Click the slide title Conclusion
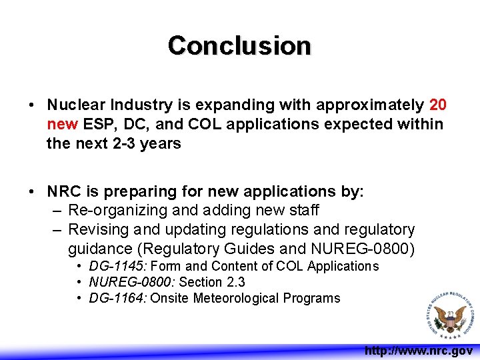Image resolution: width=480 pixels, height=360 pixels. [239, 45]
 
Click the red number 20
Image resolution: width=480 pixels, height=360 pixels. [438, 105]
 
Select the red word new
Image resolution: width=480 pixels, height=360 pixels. [62, 125]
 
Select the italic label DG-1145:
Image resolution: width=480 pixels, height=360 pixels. [114, 267]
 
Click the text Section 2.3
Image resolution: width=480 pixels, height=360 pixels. [212, 283]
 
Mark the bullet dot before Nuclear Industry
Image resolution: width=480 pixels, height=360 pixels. [32, 106]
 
